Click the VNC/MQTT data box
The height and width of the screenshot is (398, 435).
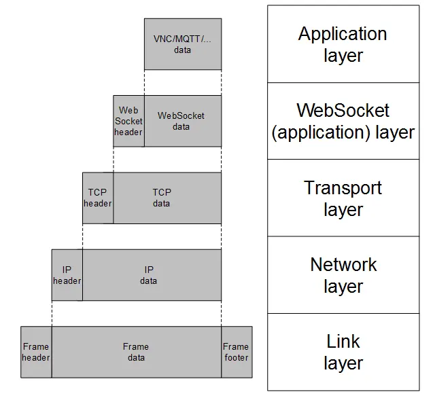(x=182, y=44)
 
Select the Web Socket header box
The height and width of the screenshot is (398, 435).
(x=128, y=121)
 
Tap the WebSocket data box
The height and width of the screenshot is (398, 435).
(x=182, y=121)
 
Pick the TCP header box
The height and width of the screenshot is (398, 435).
(x=98, y=198)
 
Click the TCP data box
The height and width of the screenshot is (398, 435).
(x=167, y=198)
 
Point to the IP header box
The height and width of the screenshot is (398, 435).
(x=67, y=275)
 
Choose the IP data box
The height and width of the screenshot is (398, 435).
(x=152, y=275)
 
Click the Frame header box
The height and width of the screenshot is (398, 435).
(x=36, y=352)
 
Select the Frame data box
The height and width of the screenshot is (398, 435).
(x=136, y=352)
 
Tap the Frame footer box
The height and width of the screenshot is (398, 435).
(x=236, y=352)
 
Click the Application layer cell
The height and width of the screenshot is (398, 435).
(x=343, y=44)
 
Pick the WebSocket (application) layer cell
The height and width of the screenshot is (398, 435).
(x=343, y=121)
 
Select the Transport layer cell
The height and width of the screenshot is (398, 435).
(x=343, y=198)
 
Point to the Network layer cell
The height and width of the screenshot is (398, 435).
(x=343, y=275)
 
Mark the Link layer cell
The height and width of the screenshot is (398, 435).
(x=343, y=352)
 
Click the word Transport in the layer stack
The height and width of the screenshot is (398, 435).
(x=343, y=187)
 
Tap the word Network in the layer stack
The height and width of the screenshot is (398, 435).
(x=343, y=264)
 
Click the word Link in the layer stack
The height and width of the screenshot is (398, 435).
(x=343, y=341)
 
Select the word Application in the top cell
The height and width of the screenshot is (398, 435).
(x=343, y=33)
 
